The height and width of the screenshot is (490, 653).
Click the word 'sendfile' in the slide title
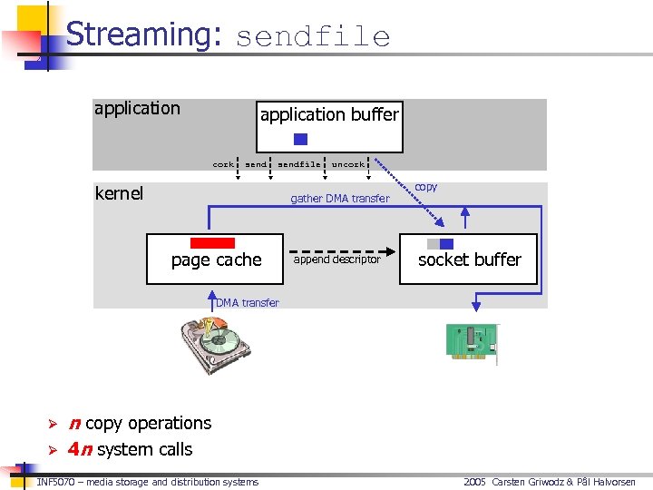(x=313, y=37)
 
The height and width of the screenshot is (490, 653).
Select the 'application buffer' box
(x=329, y=125)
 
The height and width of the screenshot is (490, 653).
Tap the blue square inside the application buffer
(x=301, y=140)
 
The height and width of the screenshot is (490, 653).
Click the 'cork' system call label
(x=222, y=164)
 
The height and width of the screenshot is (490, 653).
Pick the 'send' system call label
(x=256, y=164)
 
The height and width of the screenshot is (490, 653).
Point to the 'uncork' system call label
(x=348, y=164)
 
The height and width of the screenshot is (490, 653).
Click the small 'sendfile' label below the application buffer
(x=298, y=164)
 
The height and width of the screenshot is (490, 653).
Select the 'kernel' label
(x=119, y=193)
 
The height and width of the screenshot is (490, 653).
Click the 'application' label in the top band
(x=137, y=109)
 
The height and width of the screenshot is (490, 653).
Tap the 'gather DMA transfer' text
(x=339, y=199)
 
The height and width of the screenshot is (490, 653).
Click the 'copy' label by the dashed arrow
(x=425, y=187)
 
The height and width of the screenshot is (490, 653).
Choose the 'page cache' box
(x=216, y=260)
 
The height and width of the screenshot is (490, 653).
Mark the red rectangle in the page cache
(x=212, y=243)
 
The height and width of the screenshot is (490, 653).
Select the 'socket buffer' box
(x=469, y=260)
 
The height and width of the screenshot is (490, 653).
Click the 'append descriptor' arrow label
(x=337, y=260)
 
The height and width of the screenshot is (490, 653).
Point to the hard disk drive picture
(x=216, y=342)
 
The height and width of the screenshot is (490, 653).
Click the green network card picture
(x=472, y=343)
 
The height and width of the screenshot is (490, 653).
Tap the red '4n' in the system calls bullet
(x=79, y=449)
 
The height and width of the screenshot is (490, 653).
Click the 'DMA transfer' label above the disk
(x=248, y=303)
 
